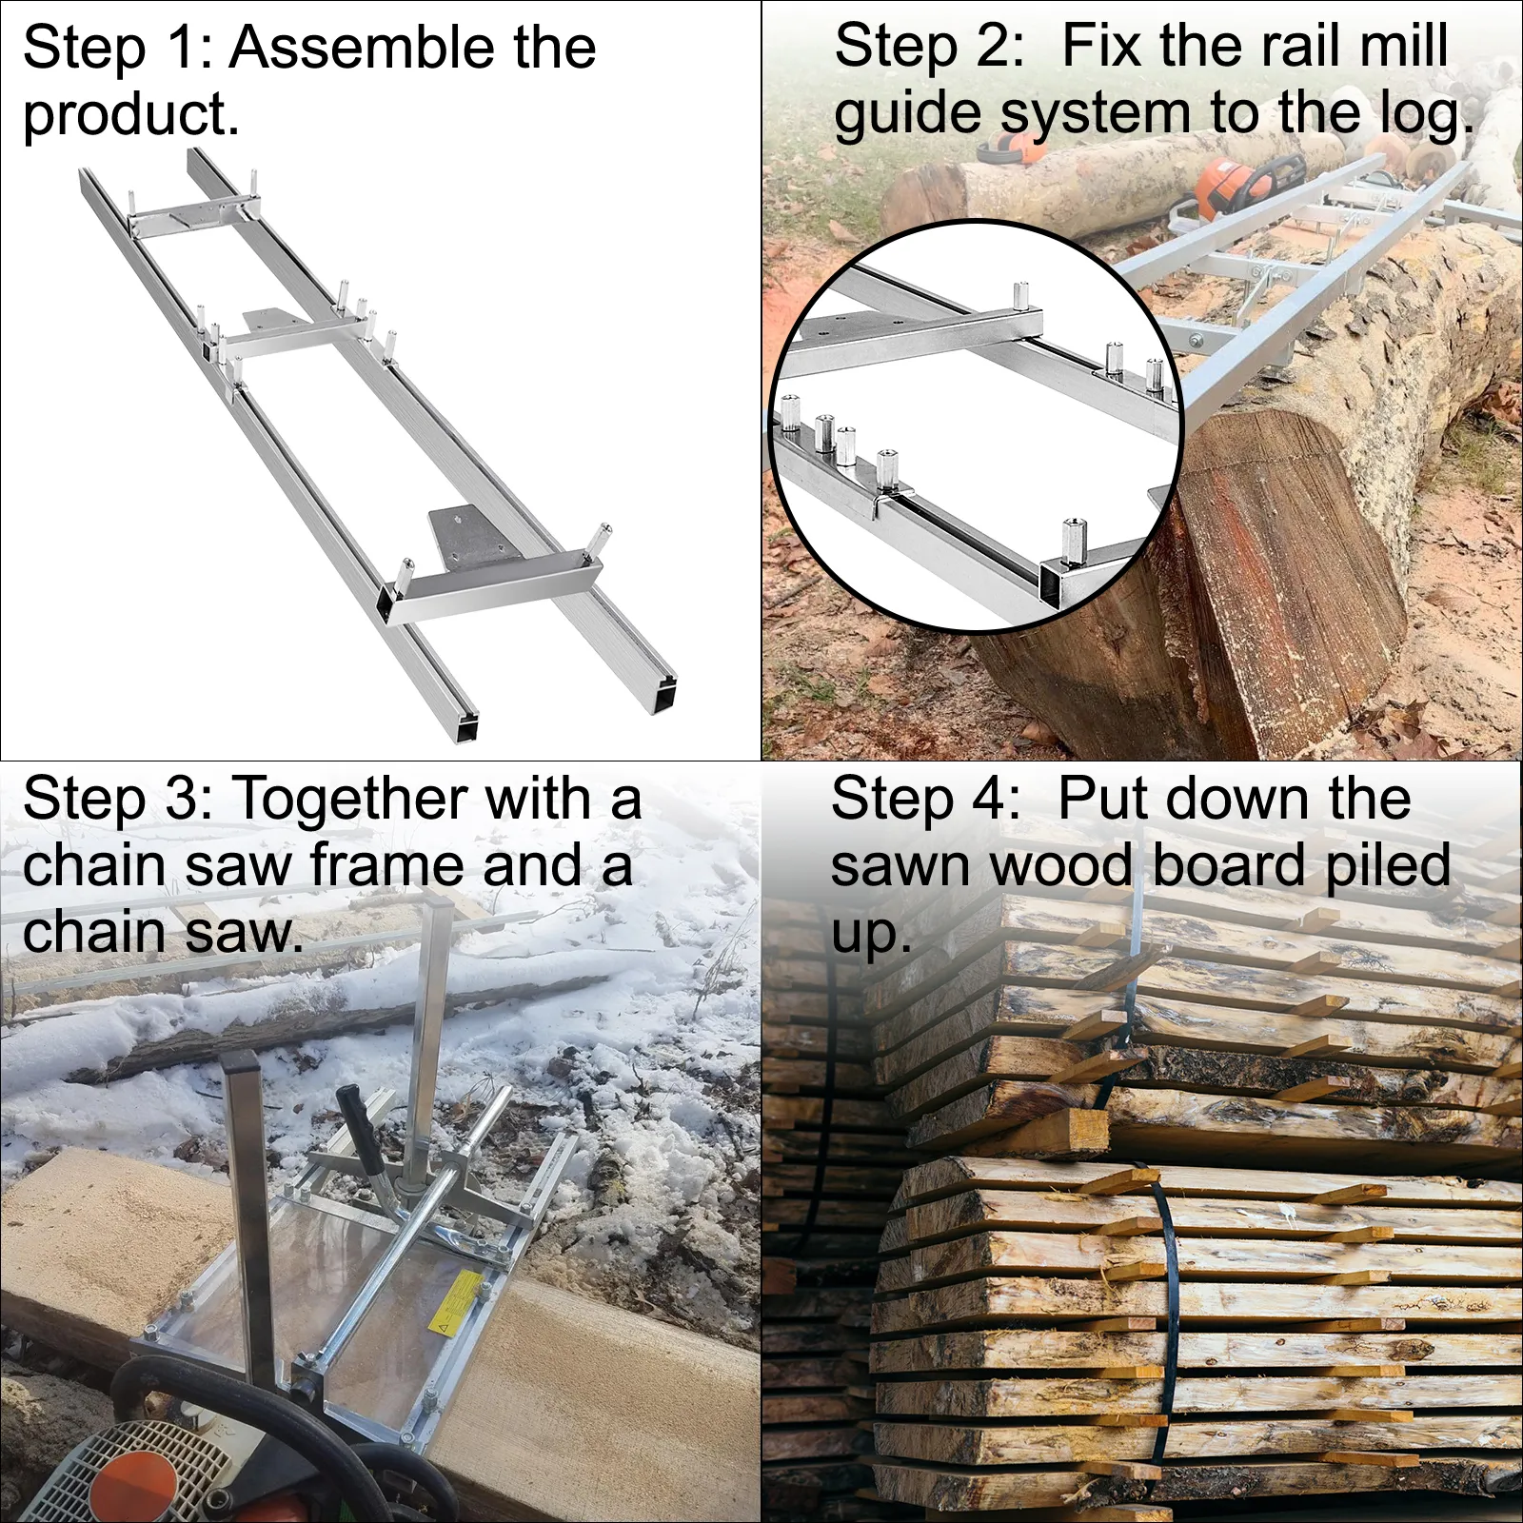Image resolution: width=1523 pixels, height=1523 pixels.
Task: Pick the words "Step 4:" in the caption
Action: click(x=926, y=799)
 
